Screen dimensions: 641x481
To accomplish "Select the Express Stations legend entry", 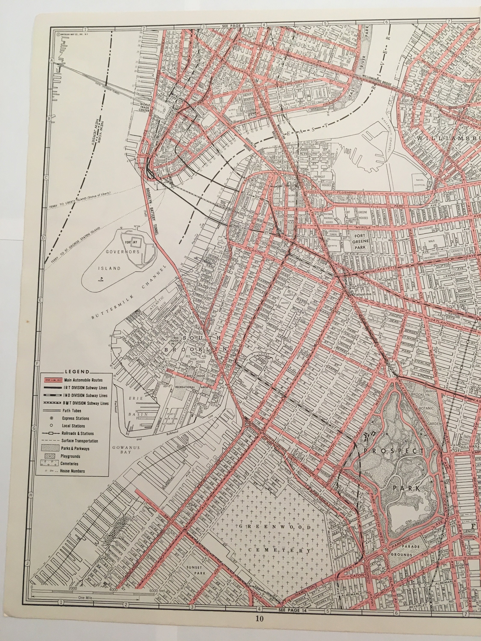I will coord(75,418).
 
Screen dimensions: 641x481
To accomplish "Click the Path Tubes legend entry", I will coord(72,411).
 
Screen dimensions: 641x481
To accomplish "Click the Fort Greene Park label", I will coord(361,241).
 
